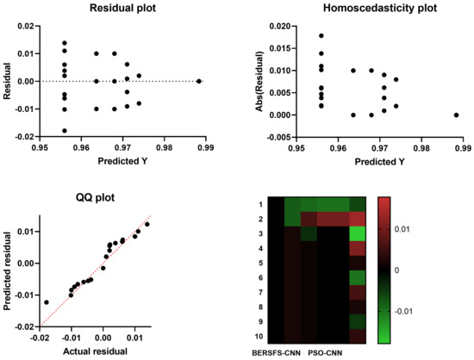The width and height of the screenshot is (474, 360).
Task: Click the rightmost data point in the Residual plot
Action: click(199, 81)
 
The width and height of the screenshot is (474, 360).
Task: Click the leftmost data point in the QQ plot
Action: click(47, 302)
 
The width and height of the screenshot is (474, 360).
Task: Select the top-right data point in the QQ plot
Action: click(147, 224)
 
